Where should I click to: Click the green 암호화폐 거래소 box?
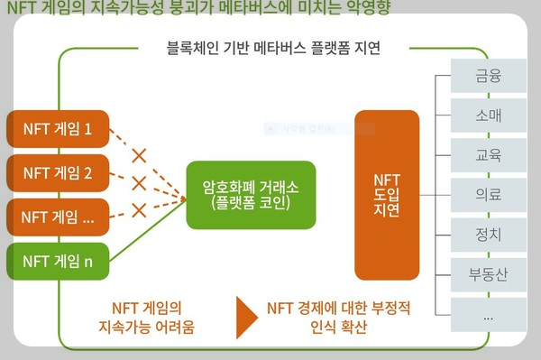pos(252,194)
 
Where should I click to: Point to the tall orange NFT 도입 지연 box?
pos(387,194)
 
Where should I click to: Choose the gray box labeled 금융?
pos(488,75)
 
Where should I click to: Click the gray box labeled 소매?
pos(488,115)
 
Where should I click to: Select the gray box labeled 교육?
pos(488,154)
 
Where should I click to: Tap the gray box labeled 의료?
pos(488,194)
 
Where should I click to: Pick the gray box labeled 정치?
pos(488,234)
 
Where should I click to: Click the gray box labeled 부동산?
pos(488,273)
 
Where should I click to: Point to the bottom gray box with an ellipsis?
pos(488,314)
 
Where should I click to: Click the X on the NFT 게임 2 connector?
pos(139,182)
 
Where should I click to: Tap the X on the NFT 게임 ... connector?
pos(139,209)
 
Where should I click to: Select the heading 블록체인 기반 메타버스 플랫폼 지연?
pos(273,48)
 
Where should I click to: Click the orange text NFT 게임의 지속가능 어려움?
pos(151,316)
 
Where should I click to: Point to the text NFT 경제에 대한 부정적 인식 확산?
pos(339,316)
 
